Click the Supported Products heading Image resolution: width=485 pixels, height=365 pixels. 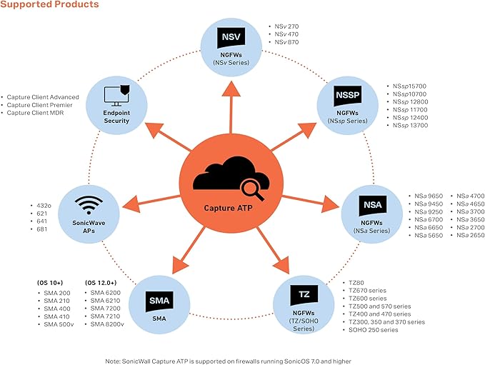coord(49,6)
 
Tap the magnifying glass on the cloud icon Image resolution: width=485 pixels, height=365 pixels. coord(251,189)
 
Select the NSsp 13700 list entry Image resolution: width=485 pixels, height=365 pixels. coord(410,126)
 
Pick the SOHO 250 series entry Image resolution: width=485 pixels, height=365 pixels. coord(377,331)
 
